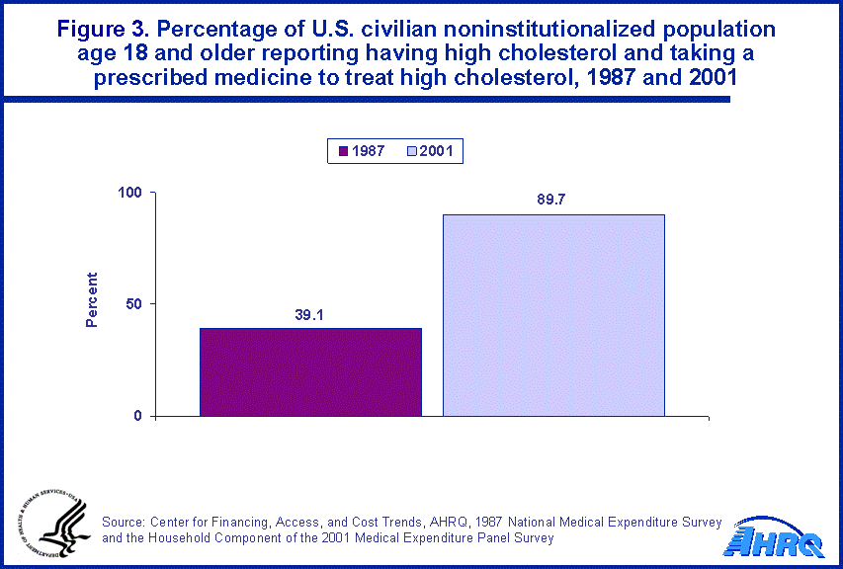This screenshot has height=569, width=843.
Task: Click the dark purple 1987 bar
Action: click(x=310, y=371)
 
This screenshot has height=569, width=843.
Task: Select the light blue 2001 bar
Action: click(x=553, y=315)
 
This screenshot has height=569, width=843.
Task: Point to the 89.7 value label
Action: click(x=553, y=200)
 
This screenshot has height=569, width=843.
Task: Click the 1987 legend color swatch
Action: click(x=344, y=151)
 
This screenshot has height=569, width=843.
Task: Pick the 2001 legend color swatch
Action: click(x=410, y=151)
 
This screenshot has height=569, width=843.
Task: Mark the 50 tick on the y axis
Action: click(x=136, y=304)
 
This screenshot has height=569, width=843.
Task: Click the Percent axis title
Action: click(x=92, y=300)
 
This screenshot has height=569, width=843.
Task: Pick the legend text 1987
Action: click(x=369, y=151)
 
